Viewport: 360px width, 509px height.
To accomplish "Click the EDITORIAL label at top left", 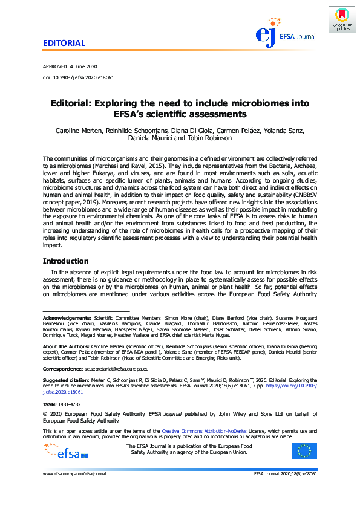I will [x=64, y=44].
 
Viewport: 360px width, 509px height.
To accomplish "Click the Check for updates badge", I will [x=342, y=19].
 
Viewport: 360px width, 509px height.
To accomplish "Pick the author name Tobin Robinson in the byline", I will [x=209, y=138].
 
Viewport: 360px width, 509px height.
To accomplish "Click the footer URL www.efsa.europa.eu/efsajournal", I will [x=74, y=474].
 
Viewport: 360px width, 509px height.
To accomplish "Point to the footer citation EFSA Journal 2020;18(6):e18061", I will [x=286, y=474].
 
